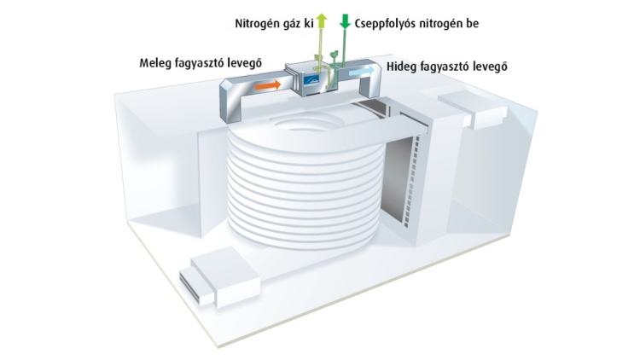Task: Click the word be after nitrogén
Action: [472, 23]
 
